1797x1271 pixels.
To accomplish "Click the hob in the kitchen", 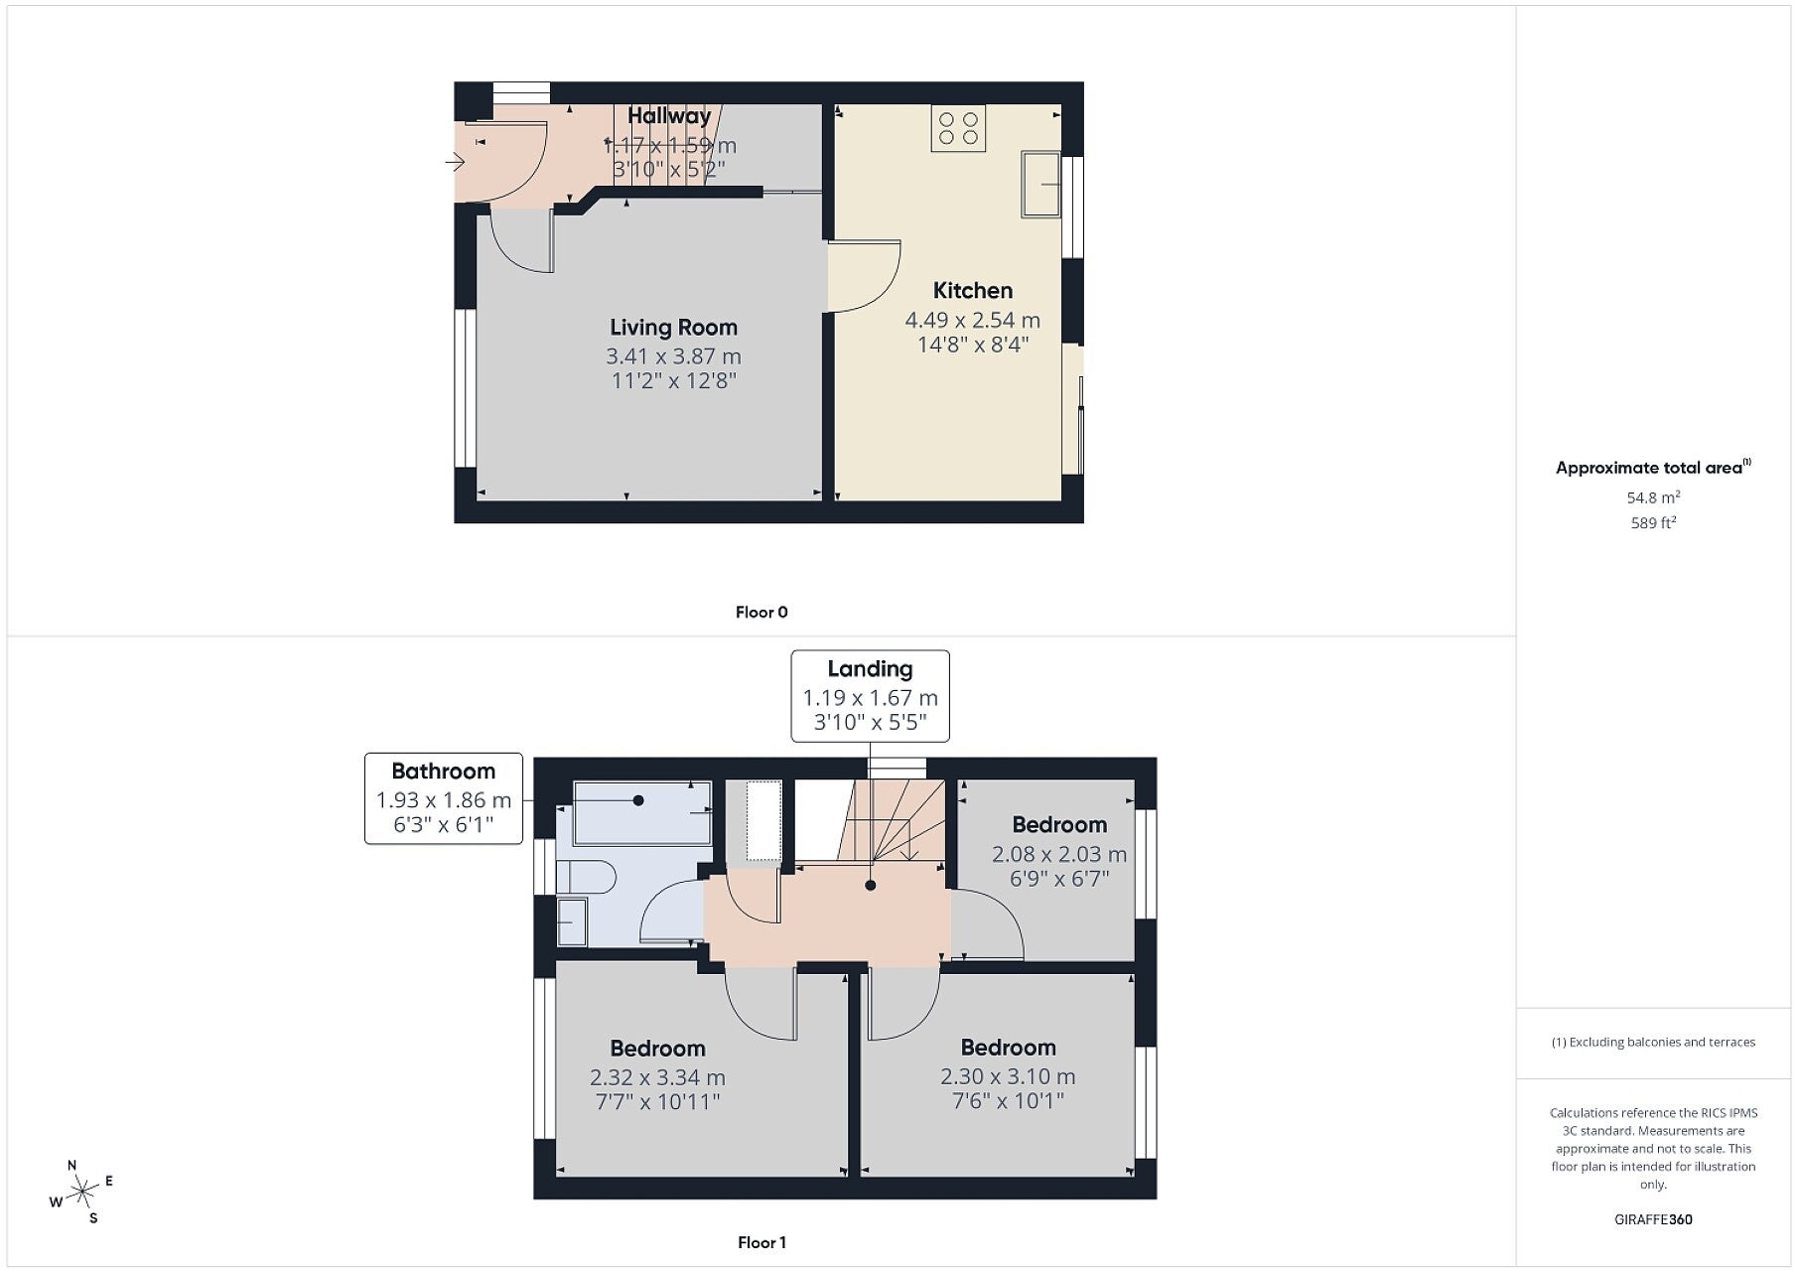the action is [x=958, y=128].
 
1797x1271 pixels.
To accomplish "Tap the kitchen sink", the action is [x=1040, y=184].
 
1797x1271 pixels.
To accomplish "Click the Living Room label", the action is [x=673, y=327].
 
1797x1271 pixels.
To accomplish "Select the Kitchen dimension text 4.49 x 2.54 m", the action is [x=972, y=320].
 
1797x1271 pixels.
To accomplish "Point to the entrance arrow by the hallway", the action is [x=456, y=161].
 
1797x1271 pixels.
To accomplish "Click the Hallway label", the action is [x=669, y=116].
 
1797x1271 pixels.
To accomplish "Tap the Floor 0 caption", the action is [x=761, y=612].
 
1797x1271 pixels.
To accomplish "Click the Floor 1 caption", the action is [x=761, y=1242].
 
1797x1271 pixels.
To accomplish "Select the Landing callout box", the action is [x=870, y=696].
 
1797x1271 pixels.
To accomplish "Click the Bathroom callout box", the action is [x=444, y=798].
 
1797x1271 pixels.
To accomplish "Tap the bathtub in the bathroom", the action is [x=642, y=812].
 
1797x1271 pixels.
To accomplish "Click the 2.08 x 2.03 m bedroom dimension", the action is [x=1059, y=854].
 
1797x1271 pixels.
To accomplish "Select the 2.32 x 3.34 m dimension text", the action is [x=657, y=1077].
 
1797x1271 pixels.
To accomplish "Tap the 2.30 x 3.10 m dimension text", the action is [x=1008, y=1076].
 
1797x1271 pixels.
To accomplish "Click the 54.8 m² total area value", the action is [x=1653, y=497].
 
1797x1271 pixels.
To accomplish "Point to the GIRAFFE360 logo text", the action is [x=1653, y=1219].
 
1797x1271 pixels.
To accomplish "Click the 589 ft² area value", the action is [x=1653, y=522].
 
